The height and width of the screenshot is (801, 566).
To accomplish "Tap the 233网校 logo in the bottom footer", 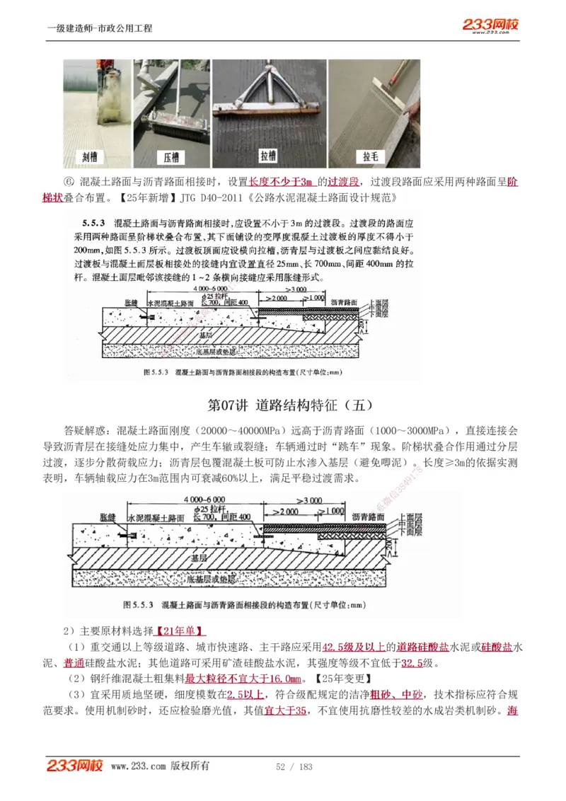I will [75, 766].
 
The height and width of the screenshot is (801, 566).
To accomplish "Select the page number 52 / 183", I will [294, 767].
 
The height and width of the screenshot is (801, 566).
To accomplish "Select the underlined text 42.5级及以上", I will [354, 647].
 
